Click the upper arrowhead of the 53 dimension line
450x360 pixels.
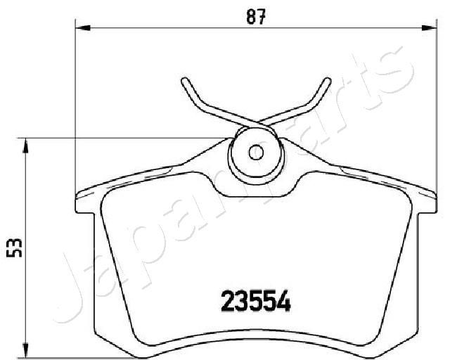[x=26, y=143]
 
